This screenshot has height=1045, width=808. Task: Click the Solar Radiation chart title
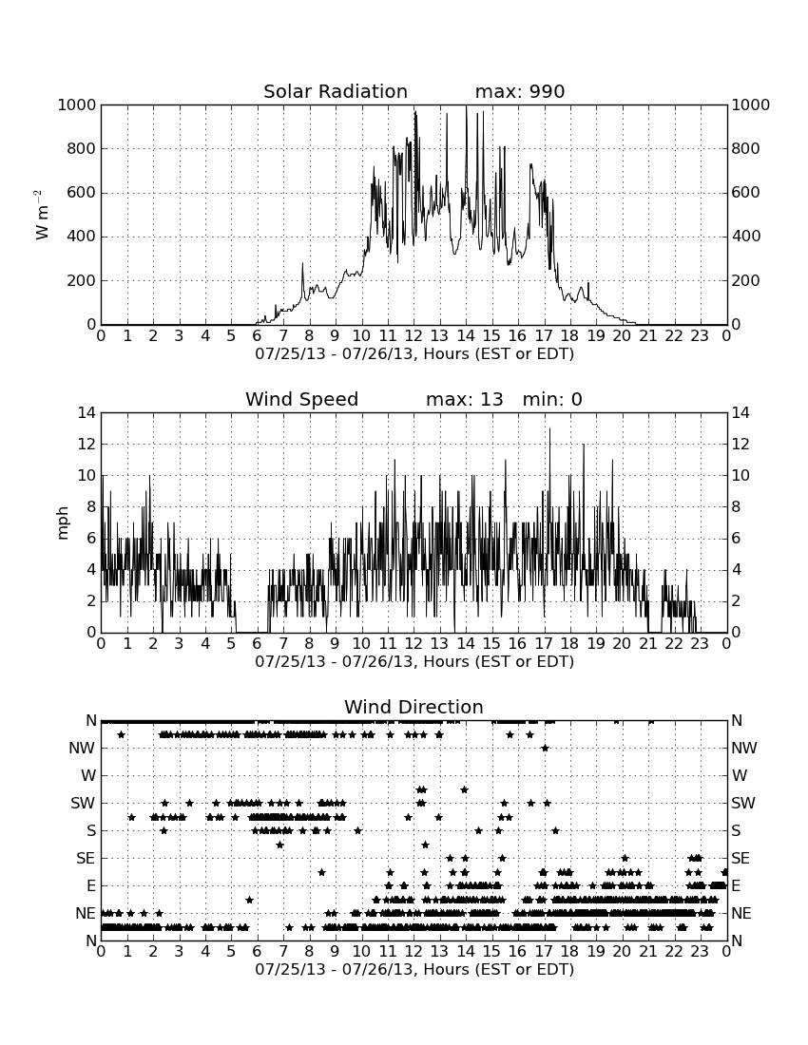point(336,91)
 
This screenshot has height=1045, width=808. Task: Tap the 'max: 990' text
point(520,91)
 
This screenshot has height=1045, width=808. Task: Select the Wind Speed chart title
point(302,399)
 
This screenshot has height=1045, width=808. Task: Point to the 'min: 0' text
point(552,399)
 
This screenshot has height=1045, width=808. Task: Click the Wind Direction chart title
point(414,707)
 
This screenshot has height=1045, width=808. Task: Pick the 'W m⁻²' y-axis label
point(41,215)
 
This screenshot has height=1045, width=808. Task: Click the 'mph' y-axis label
point(63,523)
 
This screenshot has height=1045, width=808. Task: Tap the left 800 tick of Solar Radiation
point(82,148)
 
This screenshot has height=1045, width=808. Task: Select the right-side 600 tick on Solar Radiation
point(745,193)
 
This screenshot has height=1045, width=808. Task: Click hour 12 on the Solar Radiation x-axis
point(414,336)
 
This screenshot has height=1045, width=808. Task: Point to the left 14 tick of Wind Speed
point(87,413)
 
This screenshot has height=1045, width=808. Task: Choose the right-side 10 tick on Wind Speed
point(740,476)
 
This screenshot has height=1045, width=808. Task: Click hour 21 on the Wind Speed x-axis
point(647,644)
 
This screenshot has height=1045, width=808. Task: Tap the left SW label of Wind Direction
point(83,804)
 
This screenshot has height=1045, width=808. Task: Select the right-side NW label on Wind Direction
point(744,749)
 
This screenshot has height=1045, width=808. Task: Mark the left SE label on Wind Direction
point(86,859)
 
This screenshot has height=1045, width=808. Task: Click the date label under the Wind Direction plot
point(414,970)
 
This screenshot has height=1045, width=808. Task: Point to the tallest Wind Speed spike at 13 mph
point(549,429)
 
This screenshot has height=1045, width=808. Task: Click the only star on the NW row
point(545,749)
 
